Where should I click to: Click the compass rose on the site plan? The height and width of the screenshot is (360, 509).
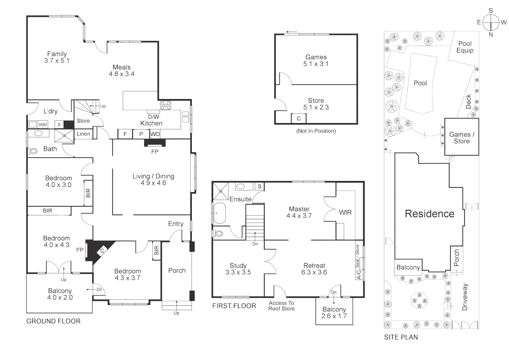click(491, 23)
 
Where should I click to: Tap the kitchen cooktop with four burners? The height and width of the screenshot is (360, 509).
click(166, 106)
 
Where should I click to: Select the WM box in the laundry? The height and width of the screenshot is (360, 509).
click(43, 125)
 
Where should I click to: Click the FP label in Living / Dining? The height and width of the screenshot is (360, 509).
click(155, 152)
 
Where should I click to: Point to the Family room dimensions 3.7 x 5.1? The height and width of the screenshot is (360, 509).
click(57, 61)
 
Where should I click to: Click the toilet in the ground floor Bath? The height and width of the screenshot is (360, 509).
click(33, 151)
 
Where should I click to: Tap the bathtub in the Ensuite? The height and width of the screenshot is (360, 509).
click(220, 213)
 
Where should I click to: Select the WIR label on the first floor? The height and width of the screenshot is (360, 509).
click(345, 212)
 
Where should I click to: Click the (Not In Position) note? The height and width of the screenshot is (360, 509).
click(316, 131)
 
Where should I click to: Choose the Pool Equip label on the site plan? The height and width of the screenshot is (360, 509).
click(465, 47)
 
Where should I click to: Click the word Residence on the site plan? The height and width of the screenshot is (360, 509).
click(429, 214)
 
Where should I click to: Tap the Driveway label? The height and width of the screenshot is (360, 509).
click(465, 297)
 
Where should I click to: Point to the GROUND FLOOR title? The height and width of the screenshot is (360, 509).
click(53, 321)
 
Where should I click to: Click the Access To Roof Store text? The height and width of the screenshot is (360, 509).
click(281, 306)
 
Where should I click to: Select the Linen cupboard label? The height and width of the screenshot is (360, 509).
click(83, 134)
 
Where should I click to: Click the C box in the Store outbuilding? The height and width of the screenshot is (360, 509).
click(298, 118)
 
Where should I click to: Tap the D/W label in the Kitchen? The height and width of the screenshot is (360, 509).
click(154, 117)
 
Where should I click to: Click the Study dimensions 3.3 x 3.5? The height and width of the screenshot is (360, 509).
click(238, 272)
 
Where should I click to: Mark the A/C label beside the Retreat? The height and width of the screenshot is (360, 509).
click(359, 274)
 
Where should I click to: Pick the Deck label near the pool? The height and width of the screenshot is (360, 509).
click(468, 101)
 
